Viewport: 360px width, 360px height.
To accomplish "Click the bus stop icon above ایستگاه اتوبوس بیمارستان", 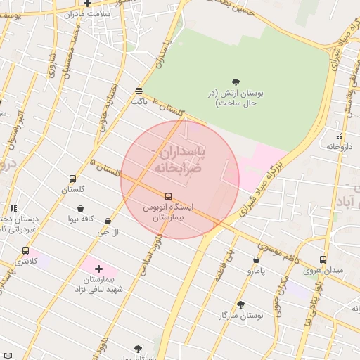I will [168, 196].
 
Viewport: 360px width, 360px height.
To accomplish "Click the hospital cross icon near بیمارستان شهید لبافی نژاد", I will [98, 269].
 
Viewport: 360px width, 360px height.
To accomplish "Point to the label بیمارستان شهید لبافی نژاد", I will [100, 284].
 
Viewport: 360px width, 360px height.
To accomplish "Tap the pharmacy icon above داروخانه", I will [340, 136].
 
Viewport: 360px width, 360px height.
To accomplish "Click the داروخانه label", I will [338, 147].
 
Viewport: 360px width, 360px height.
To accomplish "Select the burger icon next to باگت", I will [139, 91].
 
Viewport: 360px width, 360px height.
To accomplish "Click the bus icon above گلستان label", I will [72, 179].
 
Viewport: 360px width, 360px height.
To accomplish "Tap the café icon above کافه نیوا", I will [82, 209].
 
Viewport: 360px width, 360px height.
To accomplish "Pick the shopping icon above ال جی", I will [108, 221].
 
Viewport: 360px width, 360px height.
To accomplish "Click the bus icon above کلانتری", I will [26, 250].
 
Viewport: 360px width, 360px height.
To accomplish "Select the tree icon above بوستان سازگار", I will [241, 304].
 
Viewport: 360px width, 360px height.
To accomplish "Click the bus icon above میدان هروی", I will [323, 259].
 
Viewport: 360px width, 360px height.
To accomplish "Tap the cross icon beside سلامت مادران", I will [87, 4].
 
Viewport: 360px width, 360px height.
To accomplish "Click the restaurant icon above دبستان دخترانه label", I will [13, 208].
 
